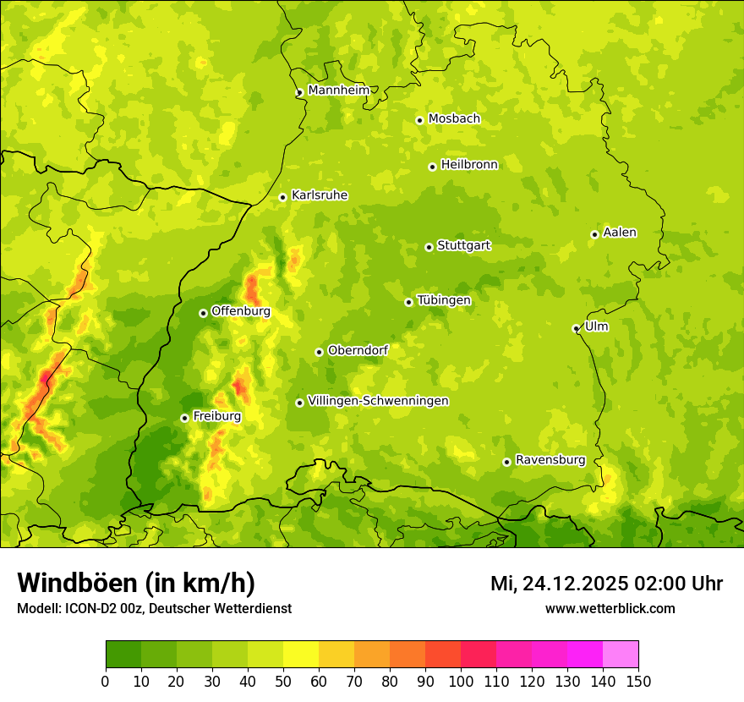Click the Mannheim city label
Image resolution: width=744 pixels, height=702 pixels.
(338, 90)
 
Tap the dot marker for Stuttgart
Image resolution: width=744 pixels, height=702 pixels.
(429, 247)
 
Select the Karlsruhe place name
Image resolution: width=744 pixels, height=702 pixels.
(319, 195)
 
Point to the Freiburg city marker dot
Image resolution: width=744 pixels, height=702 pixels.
(184, 418)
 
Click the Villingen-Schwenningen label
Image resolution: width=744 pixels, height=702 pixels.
(378, 401)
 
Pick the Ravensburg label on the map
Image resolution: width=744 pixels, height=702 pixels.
(550, 460)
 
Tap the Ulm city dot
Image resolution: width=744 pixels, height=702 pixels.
(576, 328)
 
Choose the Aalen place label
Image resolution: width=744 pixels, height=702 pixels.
(619, 233)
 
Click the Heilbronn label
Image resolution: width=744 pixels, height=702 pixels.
(469, 165)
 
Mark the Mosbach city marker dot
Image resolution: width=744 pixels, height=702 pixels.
(419, 120)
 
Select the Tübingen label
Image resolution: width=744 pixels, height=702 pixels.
(443, 300)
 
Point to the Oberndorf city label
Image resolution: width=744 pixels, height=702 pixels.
(358, 350)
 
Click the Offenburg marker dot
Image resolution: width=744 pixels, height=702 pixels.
(203, 313)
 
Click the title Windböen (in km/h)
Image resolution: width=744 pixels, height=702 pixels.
(135, 583)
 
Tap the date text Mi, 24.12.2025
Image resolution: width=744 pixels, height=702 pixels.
(558, 584)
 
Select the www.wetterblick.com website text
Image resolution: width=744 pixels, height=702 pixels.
(610, 608)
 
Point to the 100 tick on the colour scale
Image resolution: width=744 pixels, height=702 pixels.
(461, 681)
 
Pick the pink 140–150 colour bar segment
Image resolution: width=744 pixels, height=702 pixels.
(621, 654)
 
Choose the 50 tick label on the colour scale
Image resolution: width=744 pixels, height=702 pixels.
(283, 681)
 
